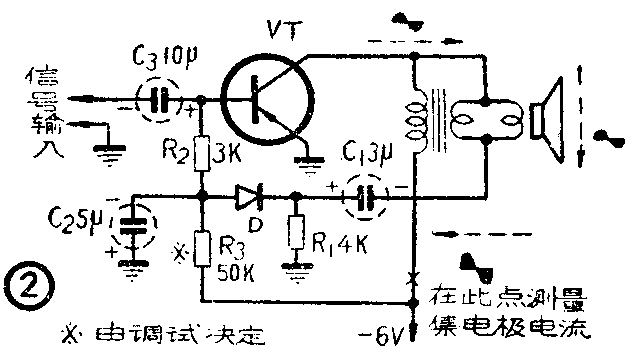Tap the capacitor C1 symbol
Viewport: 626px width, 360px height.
pos(363,197)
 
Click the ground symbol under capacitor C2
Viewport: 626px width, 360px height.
pos(131,266)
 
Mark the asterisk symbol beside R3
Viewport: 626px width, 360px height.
pos(179,252)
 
